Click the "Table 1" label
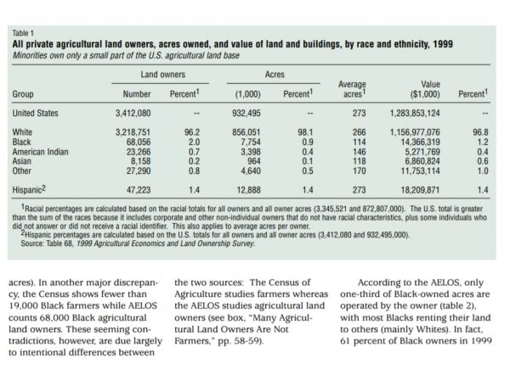23,33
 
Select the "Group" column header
23,94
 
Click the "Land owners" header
163,75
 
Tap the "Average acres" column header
352,89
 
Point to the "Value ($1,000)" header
425,89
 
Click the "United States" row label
35,113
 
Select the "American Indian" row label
40,152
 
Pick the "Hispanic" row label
29,189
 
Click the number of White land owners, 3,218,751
133,132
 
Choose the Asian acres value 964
254,161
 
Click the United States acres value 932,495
246,113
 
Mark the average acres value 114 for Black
359,143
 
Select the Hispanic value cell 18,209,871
420,190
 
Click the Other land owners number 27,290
139,171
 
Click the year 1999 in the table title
443,44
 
